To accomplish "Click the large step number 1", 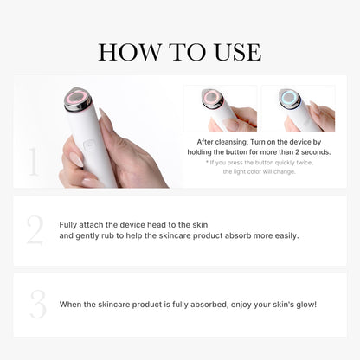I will [33, 162].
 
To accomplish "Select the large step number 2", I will [34, 229].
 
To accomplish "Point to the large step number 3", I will [37, 304].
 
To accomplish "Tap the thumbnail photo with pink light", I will [220, 107].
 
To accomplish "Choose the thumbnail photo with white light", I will [298, 107].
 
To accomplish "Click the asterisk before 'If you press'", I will [208, 162].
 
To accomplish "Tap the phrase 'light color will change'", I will [271, 171].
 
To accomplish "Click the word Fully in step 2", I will [69, 224].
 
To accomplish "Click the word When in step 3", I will [71, 304].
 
